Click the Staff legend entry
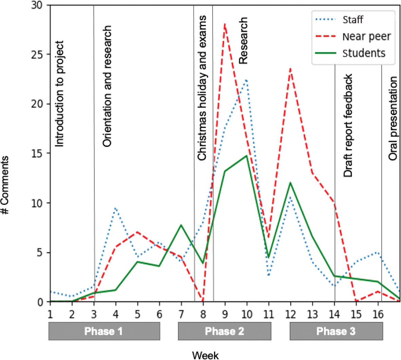click(x=353, y=20)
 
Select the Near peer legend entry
click(x=366, y=36)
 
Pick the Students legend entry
click(x=364, y=53)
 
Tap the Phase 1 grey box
click(x=104, y=331)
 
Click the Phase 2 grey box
click(x=224, y=331)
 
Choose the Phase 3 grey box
click(x=336, y=331)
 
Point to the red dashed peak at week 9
click(x=225, y=24)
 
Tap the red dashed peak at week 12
click(x=290, y=69)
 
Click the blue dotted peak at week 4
click(x=115, y=208)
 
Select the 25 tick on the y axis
click(x=38, y=54)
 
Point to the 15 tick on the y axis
click(x=38, y=153)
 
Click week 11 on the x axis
click(x=268, y=314)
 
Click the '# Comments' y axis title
click(x=5, y=185)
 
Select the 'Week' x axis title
click(x=205, y=355)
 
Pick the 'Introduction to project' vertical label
click(x=59, y=94)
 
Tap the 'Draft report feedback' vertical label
click(x=348, y=126)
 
